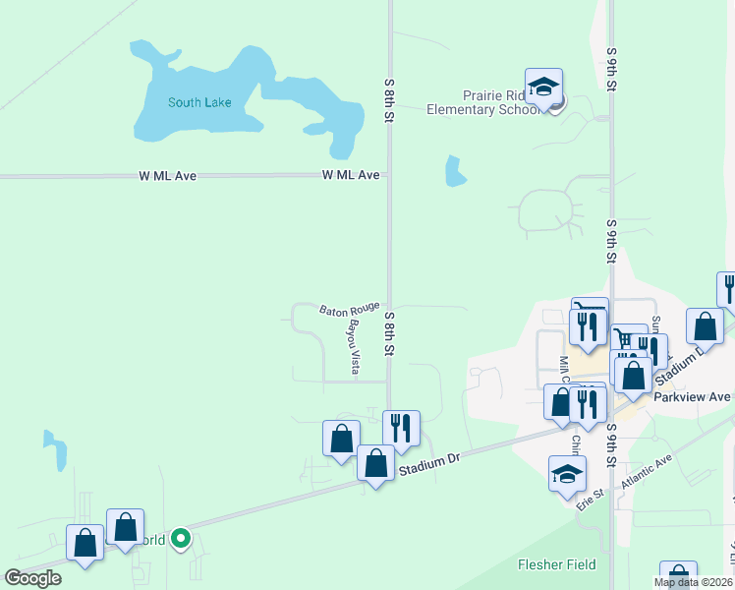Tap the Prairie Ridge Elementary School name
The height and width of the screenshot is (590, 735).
(481, 102)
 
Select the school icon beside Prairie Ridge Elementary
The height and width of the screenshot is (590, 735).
(543, 88)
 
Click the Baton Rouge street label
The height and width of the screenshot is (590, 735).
(349, 310)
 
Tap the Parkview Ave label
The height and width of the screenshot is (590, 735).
(694, 397)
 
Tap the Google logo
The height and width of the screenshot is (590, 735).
(33, 578)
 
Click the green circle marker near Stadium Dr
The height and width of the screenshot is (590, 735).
(181, 538)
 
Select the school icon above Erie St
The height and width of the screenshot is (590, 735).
(567, 474)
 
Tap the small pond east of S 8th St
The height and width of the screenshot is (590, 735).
(455, 171)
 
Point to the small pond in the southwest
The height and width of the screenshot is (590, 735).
(56, 451)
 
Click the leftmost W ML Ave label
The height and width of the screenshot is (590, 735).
(167, 176)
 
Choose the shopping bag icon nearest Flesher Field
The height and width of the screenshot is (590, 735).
(678, 576)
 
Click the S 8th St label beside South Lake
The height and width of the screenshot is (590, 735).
(389, 100)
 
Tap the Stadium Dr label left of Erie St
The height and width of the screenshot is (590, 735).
(428, 466)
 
